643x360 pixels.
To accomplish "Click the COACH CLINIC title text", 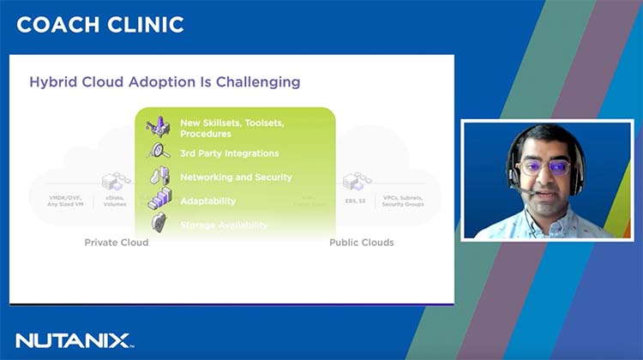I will (100, 25).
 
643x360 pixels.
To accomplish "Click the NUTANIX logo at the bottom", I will (74, 340).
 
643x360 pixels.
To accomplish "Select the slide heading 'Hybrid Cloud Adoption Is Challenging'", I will (165, 82).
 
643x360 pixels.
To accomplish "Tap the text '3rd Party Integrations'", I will (229, 153).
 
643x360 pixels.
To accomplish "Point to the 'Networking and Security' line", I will (236, 177).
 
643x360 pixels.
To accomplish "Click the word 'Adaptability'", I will (207, 201).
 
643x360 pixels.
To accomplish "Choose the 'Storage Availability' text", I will (224, 225).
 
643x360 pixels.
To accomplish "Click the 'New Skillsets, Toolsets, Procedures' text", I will (231, 129).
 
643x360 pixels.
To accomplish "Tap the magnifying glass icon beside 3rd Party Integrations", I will (159, 152).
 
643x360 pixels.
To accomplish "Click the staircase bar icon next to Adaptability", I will (160, 201).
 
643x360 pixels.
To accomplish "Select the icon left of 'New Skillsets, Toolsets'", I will (159, 127).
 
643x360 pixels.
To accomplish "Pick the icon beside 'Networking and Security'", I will (160, 177).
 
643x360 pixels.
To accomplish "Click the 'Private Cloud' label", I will (116, 243).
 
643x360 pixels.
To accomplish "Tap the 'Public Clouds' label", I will (362, 243).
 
